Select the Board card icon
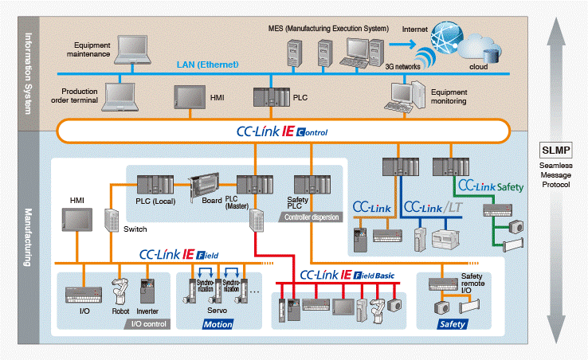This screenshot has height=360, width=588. [203, 186]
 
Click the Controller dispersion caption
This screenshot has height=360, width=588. [313, 217]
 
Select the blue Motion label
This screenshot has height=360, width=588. [218, 324]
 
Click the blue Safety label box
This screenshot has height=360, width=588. [452, 324]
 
